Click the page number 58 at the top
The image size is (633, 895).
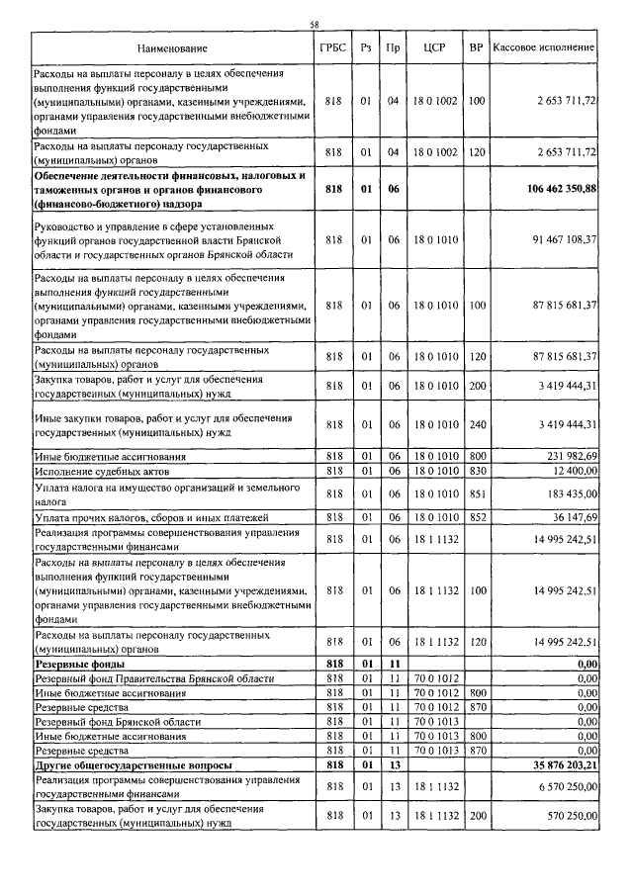click(x=316, y=25)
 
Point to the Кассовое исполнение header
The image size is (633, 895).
click(x=543, y=47)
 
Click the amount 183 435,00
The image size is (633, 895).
click(x=565, y=492)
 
